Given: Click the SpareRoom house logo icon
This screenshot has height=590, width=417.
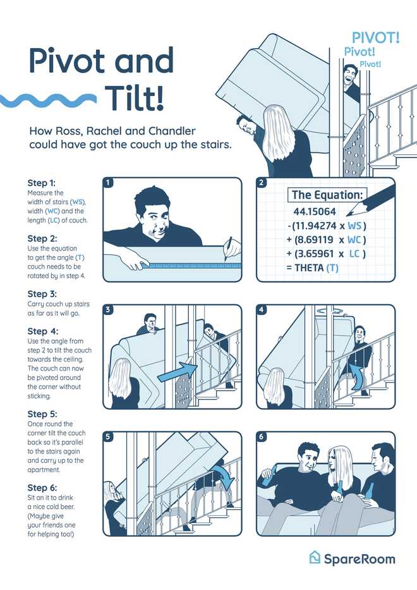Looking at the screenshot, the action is (x=315, y=557).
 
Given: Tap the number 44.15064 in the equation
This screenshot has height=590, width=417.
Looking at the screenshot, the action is (x=315, y=211).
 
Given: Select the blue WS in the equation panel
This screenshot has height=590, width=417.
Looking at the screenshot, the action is (x=354, y=226).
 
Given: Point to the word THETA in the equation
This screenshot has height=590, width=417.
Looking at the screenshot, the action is (x=309, y=268).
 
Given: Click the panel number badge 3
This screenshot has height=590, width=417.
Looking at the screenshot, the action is (x=108, y=310).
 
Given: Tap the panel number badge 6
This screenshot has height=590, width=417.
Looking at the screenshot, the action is (x=262, y=436).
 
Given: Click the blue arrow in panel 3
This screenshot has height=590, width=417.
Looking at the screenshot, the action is (x=176, y=371).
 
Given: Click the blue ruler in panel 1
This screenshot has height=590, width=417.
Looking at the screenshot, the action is (x=192, y=266).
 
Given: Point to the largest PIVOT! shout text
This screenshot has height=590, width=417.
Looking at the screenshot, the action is (x=375, y=38).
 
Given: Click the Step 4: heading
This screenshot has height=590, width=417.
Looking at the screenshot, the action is (x=43, y=331).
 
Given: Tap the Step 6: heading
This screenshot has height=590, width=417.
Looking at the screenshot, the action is (x=42, y=488).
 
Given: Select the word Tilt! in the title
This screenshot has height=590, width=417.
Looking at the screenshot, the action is (x=134, y=97).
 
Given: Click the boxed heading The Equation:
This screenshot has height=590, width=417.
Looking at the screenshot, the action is (x=327, y=195).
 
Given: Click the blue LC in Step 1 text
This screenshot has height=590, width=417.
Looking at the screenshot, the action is (x=54, y=220).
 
